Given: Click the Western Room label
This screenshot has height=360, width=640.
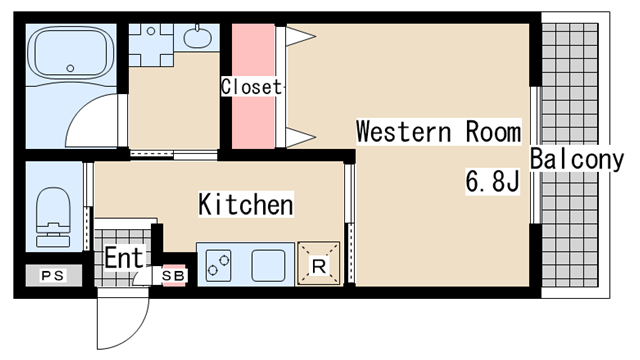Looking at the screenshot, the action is (439, 131).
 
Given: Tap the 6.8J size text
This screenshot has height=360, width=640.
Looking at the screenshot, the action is (493, 181).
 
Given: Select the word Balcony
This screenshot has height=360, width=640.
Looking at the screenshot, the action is (577, 159).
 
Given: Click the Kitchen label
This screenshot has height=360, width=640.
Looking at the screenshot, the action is (246, 204).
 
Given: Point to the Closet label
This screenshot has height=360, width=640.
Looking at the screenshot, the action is (251, 87).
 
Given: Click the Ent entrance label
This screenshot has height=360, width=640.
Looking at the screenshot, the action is (124, 258).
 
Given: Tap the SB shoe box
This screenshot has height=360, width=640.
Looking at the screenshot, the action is (174, 276).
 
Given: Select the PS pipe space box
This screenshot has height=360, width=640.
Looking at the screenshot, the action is (53, 276).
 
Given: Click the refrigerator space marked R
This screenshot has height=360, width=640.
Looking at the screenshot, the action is (318, 263).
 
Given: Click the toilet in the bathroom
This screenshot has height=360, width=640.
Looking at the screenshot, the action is (53, 218).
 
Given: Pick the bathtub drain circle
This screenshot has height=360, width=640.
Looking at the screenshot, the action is (70, 68).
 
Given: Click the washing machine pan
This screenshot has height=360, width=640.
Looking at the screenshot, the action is (151, 45).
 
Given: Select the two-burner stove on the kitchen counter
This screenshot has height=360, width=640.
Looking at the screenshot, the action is (218, 265).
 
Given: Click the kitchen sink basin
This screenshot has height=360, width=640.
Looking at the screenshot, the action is (268, 265).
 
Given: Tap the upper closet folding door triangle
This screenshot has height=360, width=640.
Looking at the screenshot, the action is (300, 36).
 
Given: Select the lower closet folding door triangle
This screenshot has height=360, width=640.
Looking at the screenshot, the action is (300, 137).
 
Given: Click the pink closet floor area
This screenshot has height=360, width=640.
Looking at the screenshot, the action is (253, 86).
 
